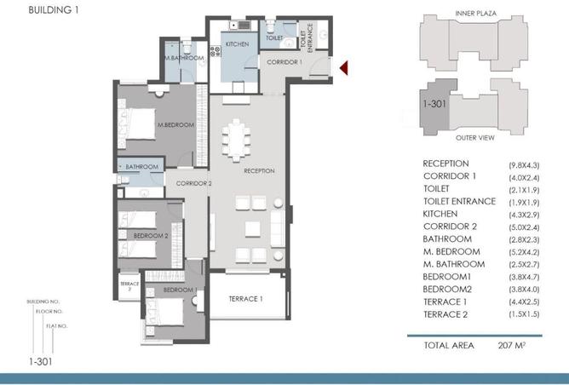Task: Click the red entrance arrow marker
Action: [x=344, y=68]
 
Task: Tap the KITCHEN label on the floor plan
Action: [x=238, y=44]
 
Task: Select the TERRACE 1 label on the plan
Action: [x=245, y=299]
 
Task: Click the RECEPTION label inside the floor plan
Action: [x=259, y=170]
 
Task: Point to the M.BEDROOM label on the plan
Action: [x=176, y=125]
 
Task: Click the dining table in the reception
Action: [x=236, y=140]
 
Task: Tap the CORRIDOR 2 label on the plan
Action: [x=193, y=184]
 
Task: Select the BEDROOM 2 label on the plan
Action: [x=151, y=236]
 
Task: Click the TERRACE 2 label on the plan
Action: [x=129, y=286]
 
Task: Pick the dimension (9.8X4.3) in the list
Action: [x=524, y=165]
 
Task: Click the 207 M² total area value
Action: [x=512, y=346]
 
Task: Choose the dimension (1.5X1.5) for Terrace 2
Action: [x=524, y=314]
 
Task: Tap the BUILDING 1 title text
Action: [x=54, y=10]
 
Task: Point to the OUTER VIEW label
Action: [x=475, y=138]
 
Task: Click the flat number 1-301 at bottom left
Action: [x=40, y=361]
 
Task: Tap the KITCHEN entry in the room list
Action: [x=440, y=214]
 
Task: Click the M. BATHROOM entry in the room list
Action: [x=454, y=264]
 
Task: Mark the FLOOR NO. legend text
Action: [x=49, y=312]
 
